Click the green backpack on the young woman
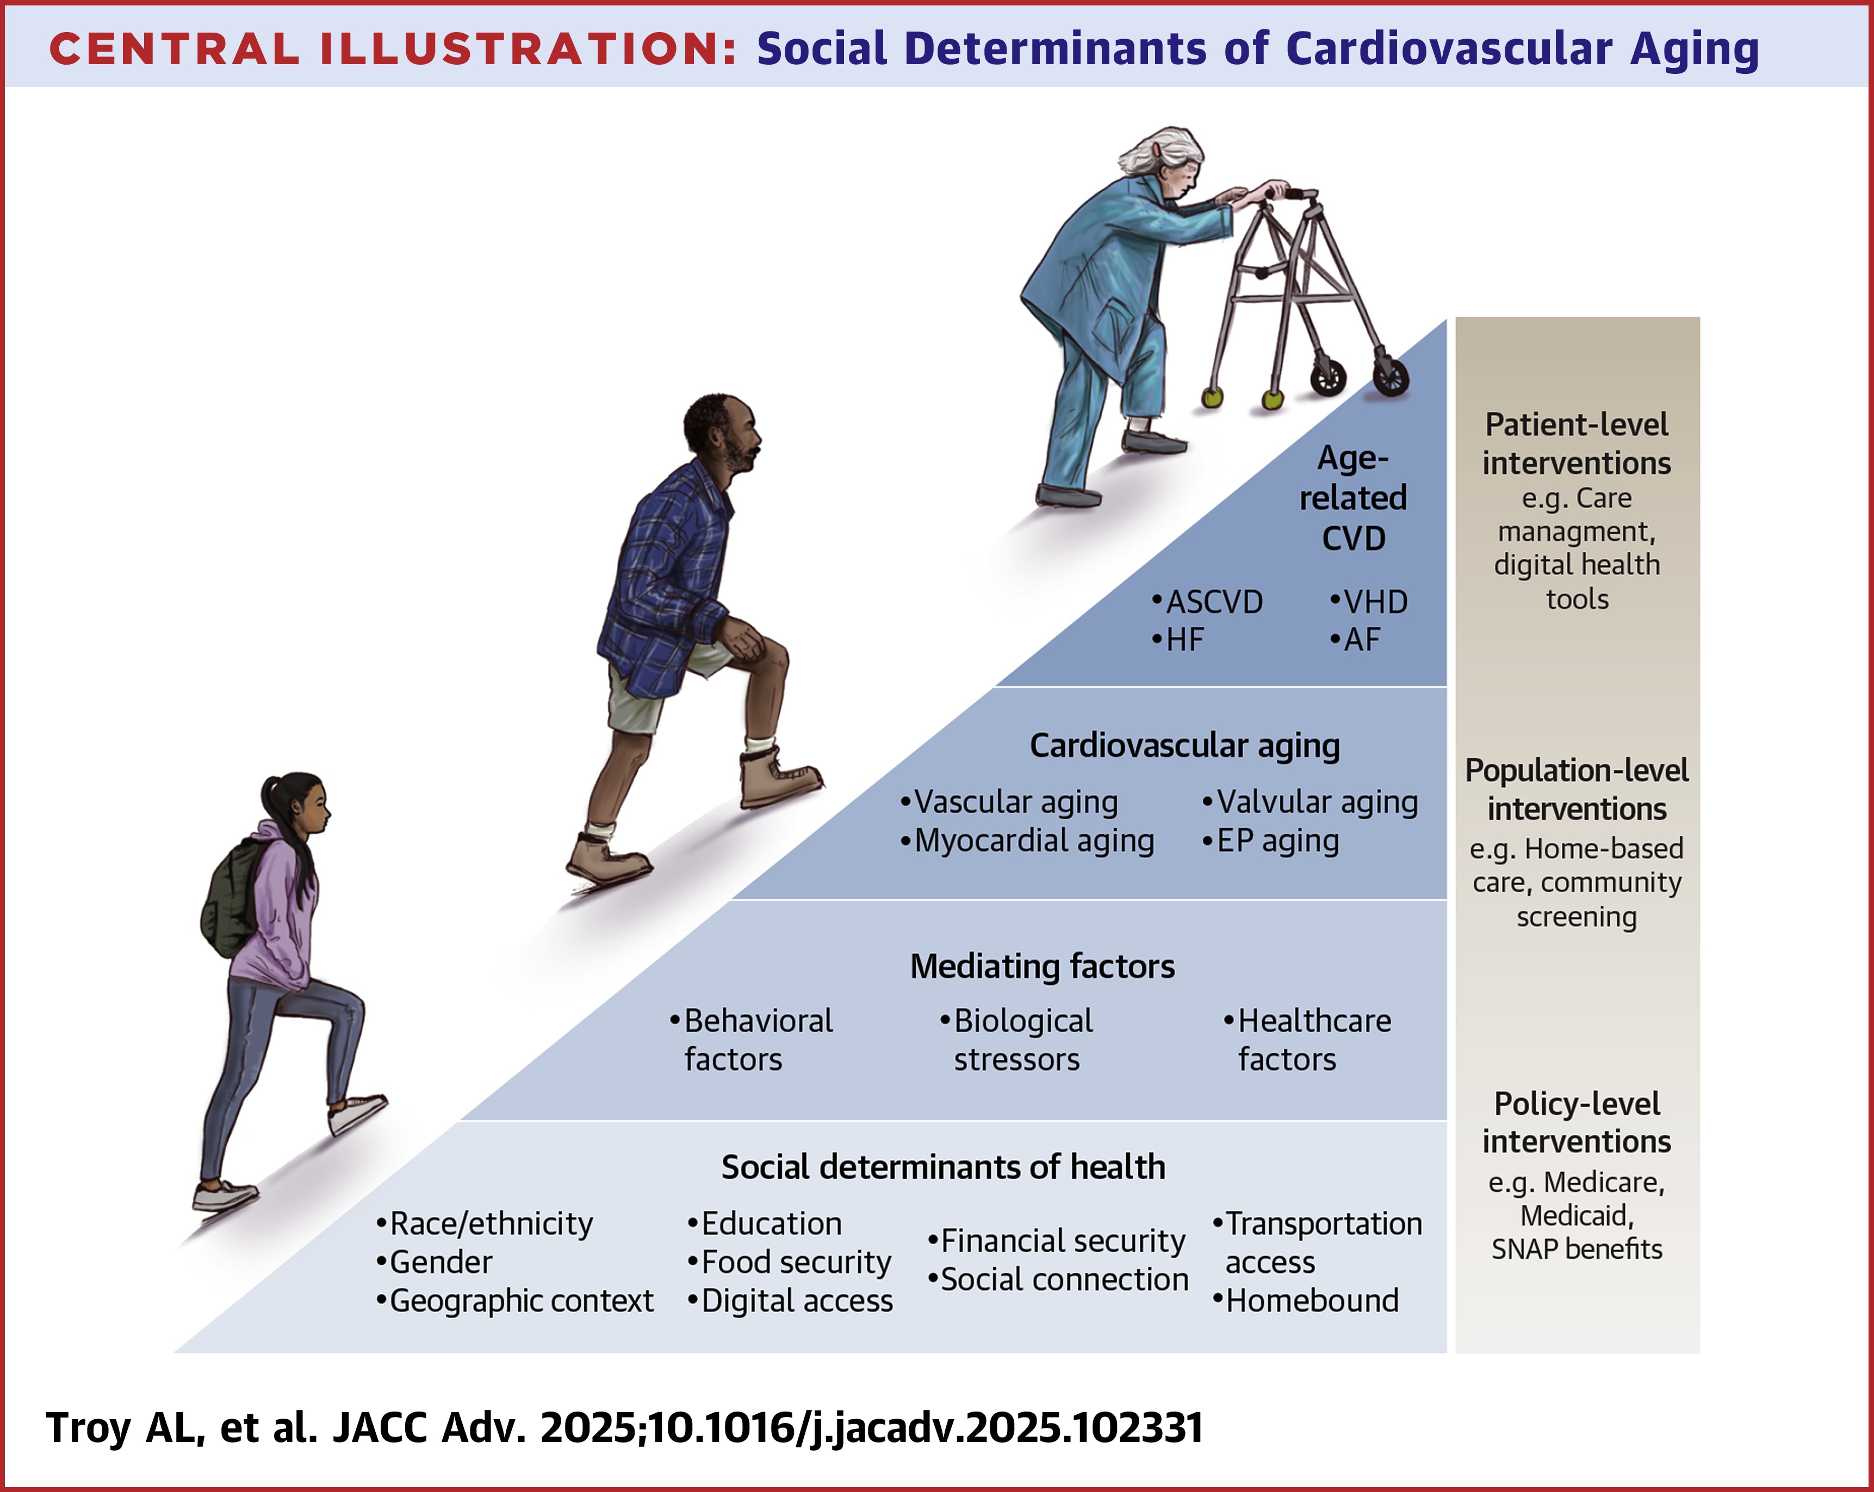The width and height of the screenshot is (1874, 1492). click(228, 904)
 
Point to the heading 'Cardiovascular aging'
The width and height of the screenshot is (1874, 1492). click(1185, 746)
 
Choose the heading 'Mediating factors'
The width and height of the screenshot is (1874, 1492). click(1042, 966)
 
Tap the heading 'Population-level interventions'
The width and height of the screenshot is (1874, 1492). click(1577, 789)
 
